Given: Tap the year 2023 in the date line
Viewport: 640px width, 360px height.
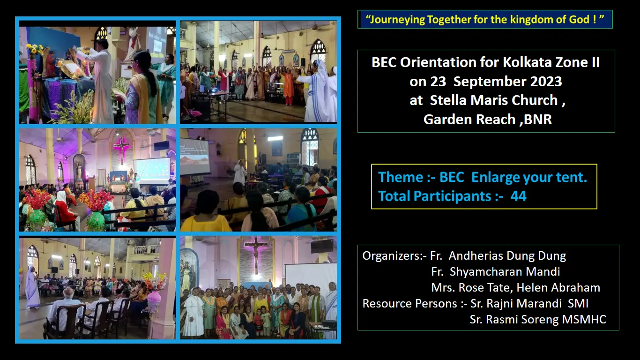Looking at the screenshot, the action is [546, 81].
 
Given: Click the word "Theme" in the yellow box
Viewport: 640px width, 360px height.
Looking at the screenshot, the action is [400, 177].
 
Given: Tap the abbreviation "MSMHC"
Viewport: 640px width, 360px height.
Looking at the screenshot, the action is [584, 319].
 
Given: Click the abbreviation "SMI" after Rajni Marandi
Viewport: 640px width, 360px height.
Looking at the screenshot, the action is [578, 303].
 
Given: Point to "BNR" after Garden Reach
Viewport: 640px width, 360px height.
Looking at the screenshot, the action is [538, 119].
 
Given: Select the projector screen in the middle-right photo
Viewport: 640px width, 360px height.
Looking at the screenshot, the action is [194, 157].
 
